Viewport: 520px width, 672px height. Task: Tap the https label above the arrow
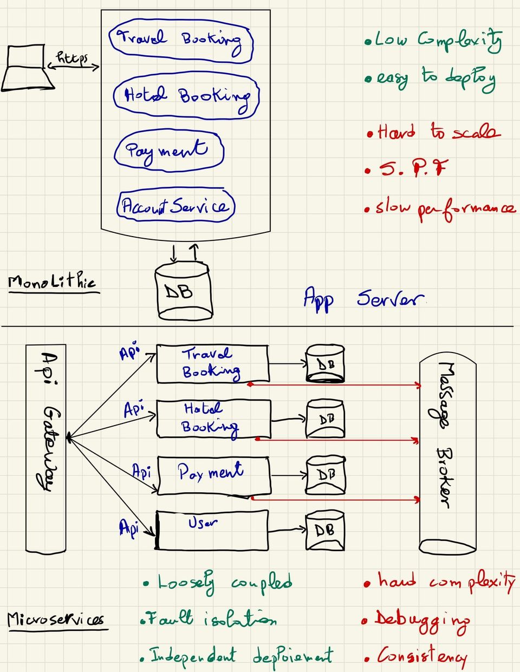(x=72, y=57)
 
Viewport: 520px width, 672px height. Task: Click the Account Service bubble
(x=175, y=206)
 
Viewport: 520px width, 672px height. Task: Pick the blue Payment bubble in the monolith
(x=168, y=150)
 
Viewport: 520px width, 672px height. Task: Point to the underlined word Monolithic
(x=52, y=282)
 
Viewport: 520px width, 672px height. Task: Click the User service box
(x=212, y=530)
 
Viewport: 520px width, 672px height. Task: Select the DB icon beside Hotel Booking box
(x=326, y=419)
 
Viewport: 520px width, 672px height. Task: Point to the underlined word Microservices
(x=55, y=619)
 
